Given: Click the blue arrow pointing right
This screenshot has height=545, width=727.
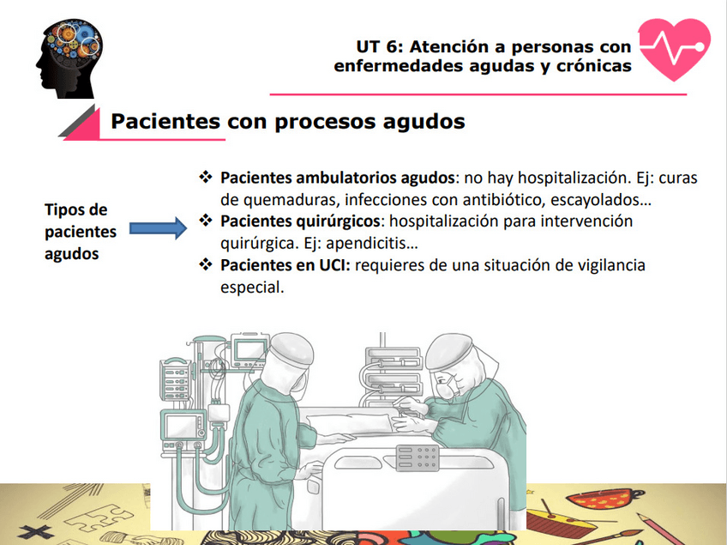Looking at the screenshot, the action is pyautogui.click(x=158, y=229).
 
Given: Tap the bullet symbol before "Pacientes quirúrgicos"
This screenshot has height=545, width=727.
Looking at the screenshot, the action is pyautogui.click(x=205, y=221).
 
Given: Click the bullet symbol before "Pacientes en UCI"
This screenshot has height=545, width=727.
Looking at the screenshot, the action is pyautogui.click(x=205, y=265).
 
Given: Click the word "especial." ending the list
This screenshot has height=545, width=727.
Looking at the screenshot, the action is pyautogui.click(x=251, y=288).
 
